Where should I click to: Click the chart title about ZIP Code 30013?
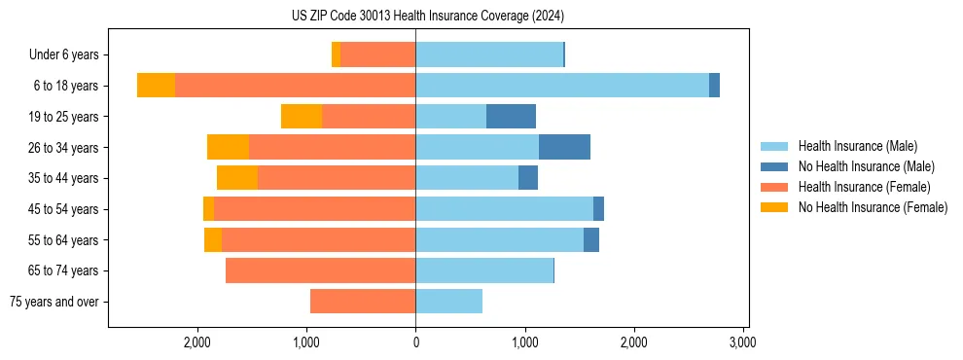click(427, 17)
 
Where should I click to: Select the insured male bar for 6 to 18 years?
click(562, 86)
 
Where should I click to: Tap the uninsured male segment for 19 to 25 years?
click(511, 117)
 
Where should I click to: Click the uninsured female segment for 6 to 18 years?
click(156, 86)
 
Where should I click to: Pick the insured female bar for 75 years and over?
click(363, 302)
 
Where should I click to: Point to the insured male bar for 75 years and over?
click(448, 302)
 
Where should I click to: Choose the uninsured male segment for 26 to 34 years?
click(564, 147)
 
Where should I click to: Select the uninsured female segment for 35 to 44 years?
click(237, 178)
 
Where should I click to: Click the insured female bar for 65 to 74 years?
click(320, 270)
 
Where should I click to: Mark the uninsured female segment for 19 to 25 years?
click(302, 117)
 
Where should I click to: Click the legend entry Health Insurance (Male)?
click(857, 146)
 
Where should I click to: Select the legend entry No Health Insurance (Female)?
click(873, 207)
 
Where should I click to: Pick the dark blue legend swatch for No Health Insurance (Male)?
click(774, 166)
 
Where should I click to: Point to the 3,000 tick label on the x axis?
click(742, 342)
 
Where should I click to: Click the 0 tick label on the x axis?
click(415, 342)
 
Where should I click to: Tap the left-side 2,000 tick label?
click(197, 342)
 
